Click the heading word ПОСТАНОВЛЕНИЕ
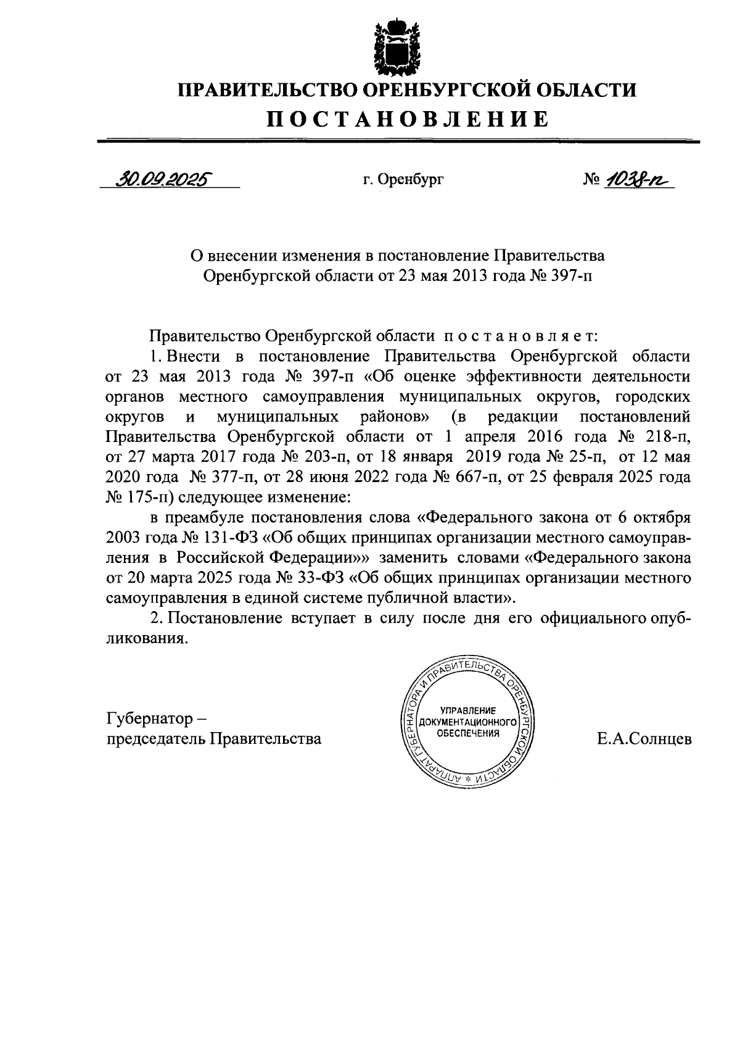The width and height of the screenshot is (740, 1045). click(407, 118)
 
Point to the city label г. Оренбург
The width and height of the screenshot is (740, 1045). click(403, 180)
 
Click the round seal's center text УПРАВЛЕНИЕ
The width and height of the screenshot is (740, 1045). click(467, 710)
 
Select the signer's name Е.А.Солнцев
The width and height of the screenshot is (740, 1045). click(644, 739)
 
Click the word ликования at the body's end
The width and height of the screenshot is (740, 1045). click(147, 639)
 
